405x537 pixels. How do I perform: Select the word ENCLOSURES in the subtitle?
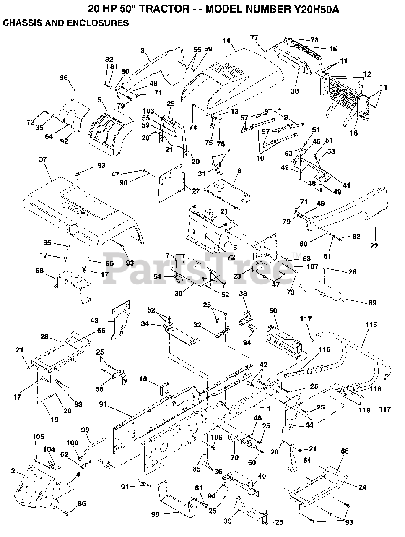[98, 23]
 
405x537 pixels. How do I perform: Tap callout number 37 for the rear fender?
[43, 159]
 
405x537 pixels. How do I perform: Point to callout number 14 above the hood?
[226, 40]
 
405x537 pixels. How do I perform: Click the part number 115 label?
[371, 325]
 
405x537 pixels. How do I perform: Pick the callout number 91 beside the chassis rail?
[103, 404]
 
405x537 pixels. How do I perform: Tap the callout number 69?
[372, 303]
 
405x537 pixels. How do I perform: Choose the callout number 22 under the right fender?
[374, 245]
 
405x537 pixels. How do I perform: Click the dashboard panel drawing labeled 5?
[112, 132]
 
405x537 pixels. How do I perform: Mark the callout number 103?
[148, 111]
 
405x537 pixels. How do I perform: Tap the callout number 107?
[312, 266]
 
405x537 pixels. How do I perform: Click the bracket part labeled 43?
[120, 320]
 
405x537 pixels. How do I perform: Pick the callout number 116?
[324, 349]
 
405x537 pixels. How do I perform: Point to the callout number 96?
[64, 78]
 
